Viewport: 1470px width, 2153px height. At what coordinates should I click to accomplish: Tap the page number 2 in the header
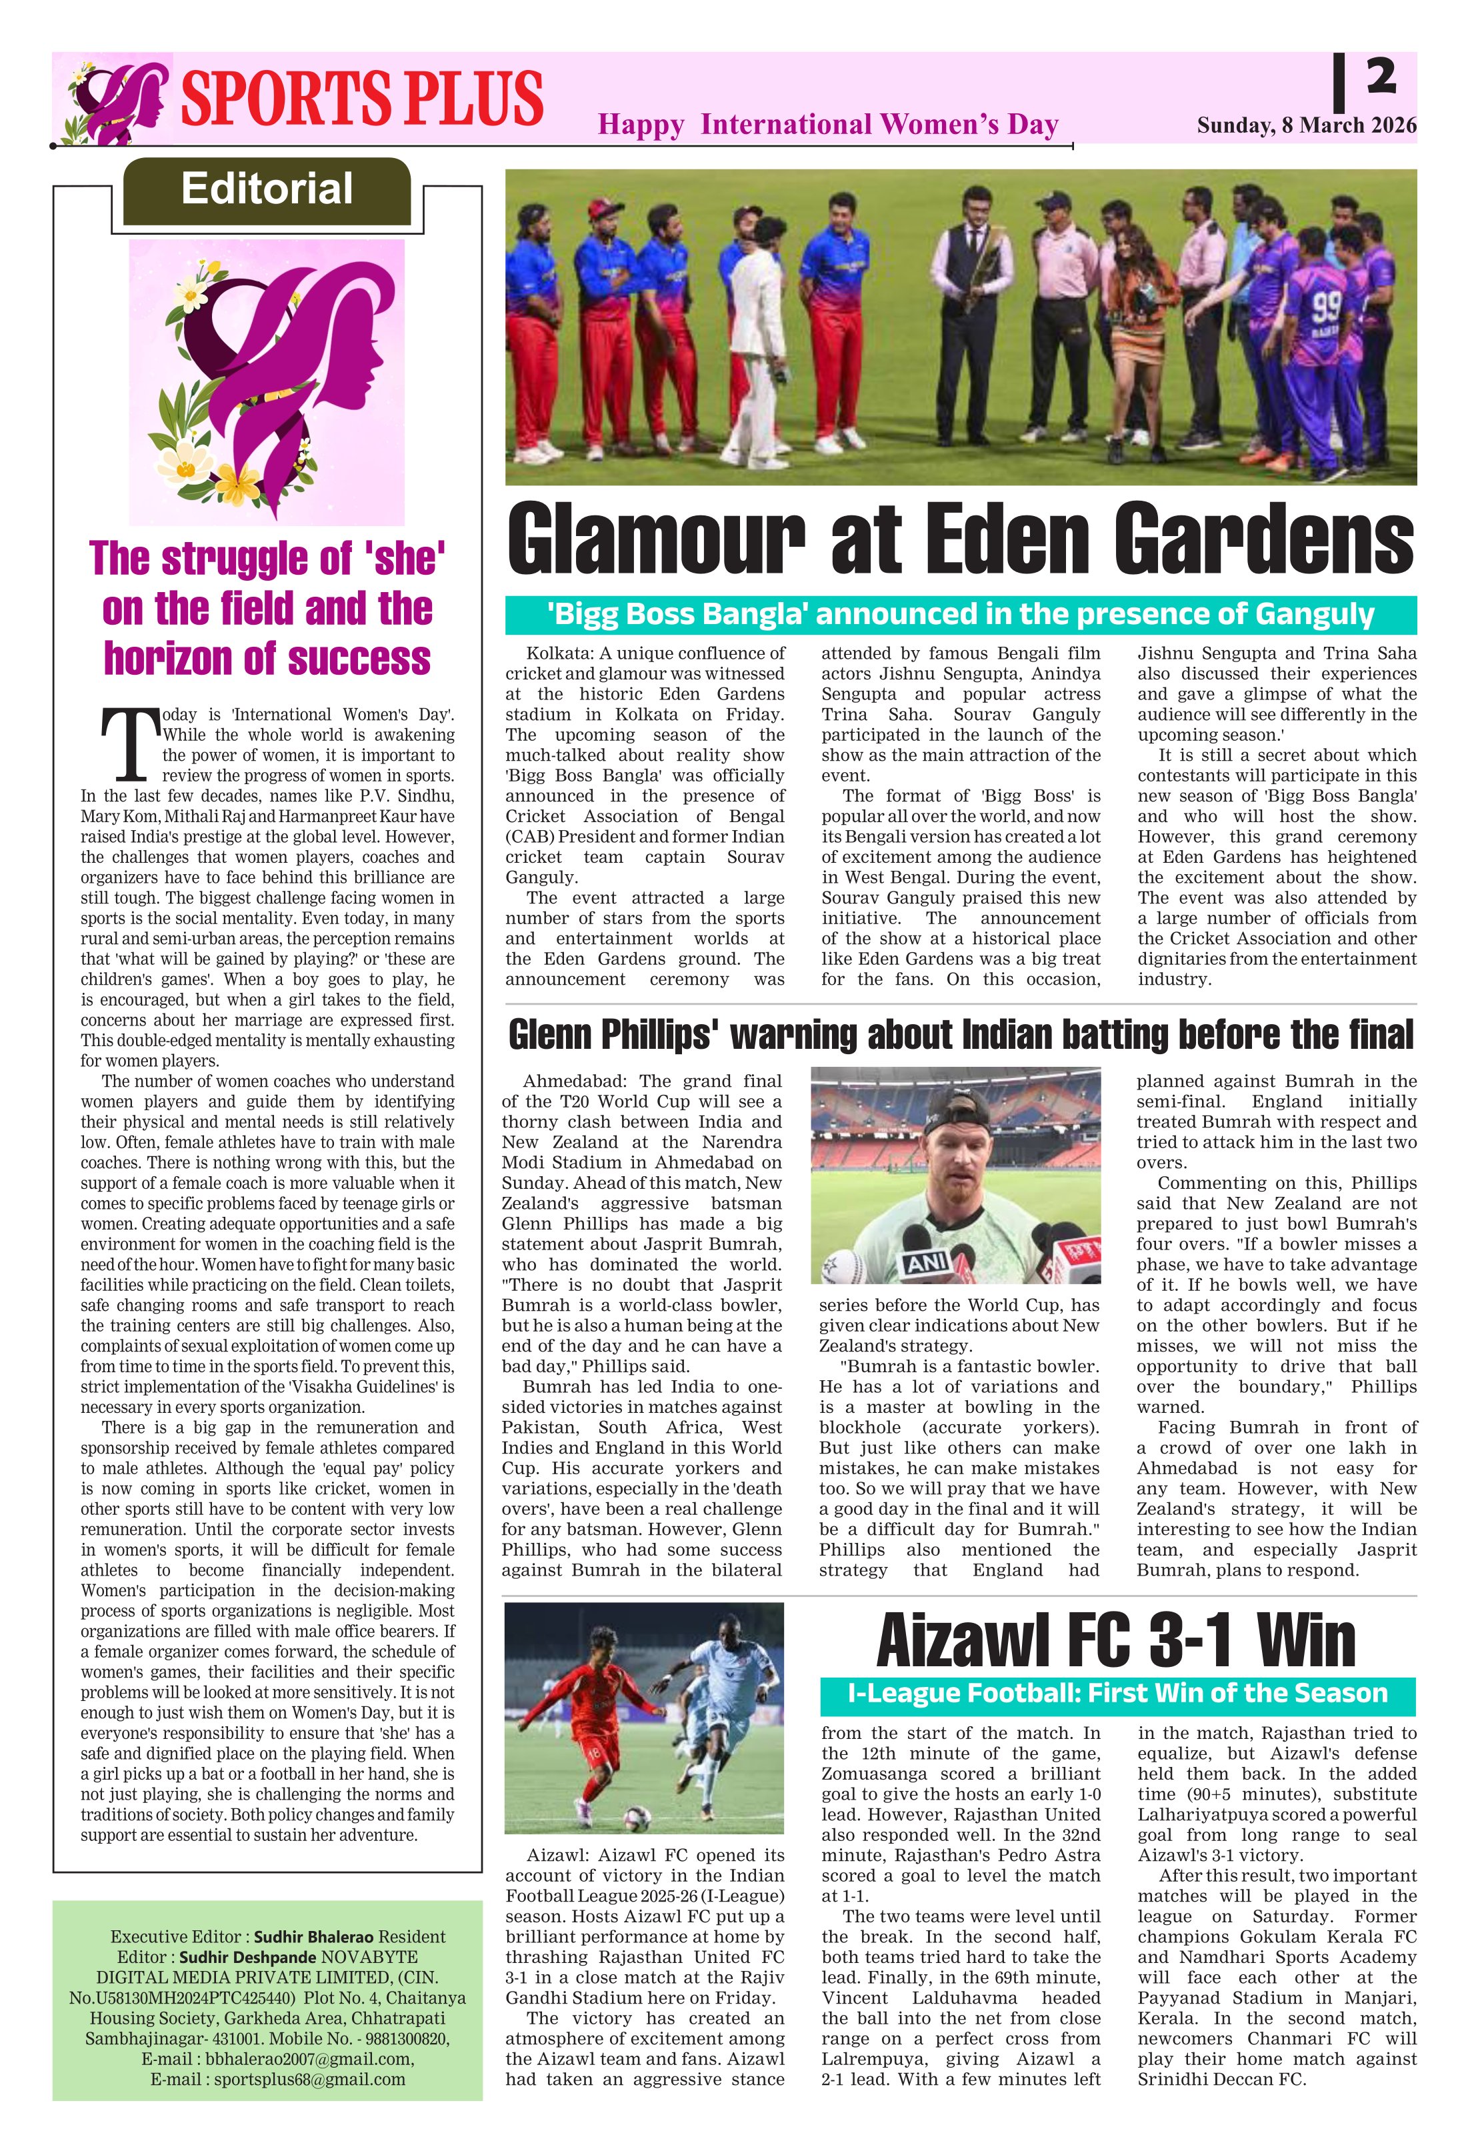pyautogui.click(x=1380, y=76)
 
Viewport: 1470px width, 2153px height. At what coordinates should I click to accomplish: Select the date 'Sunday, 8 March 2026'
pyautogui.click(x=1306, y=125)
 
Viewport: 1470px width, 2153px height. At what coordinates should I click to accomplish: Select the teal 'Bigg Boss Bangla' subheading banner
pyautogui.click(x=961, y=614)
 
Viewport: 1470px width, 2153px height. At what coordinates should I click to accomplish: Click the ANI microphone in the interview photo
pyautogui.click(x=926, y=1262)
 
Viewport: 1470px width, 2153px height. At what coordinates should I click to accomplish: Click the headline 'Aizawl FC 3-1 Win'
pyautogui.click(x=1116, y=1640)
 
